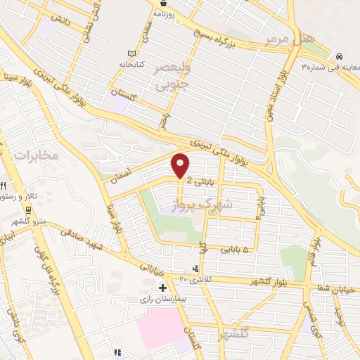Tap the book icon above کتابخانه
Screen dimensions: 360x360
point(131,54)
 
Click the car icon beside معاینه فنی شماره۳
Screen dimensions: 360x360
point(340,56)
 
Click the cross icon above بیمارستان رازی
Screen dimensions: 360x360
point(163,288)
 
